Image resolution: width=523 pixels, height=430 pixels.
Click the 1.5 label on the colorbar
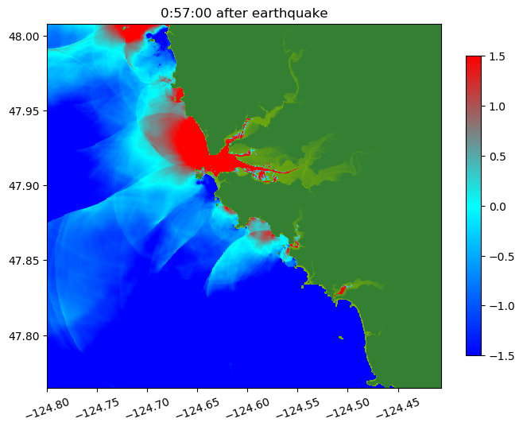498,56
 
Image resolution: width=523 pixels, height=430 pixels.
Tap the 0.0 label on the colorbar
498,206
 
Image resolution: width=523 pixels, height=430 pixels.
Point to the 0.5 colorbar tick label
498,156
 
